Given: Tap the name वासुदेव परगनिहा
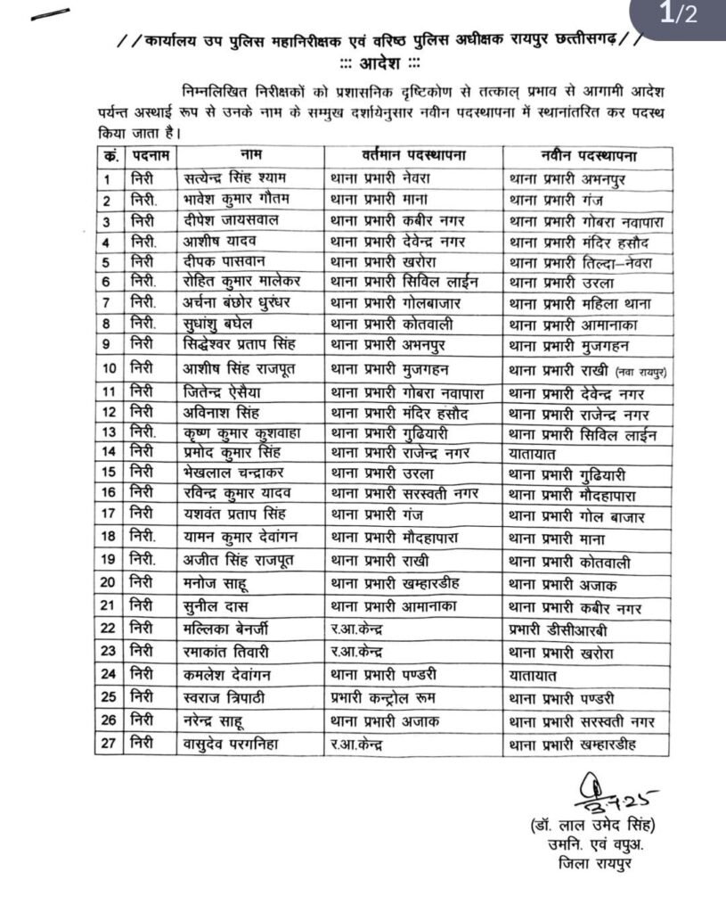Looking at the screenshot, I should click(x=229, y=742).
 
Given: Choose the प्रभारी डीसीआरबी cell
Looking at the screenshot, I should click(x=558, y=629).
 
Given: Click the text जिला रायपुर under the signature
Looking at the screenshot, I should click(x=592, y=864).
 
